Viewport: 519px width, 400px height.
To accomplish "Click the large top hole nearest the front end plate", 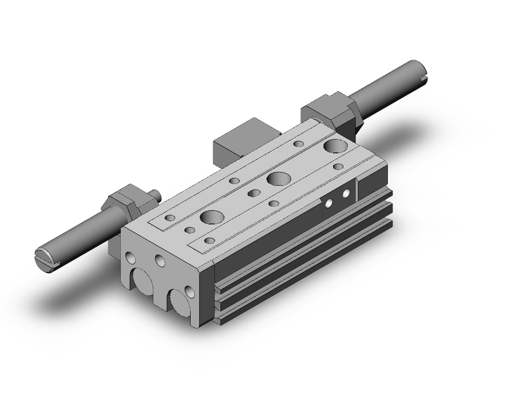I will (x=212, y=216).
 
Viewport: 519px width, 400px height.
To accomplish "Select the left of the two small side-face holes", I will (x=329, y=203).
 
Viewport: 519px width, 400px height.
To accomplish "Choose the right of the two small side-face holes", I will (x=346, y=194).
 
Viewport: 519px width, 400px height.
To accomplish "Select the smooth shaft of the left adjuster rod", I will (x=78, y=236).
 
